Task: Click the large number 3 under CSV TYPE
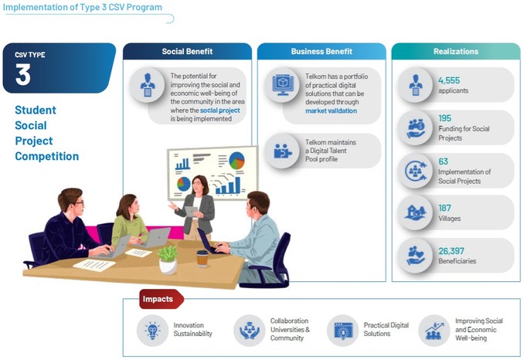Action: click(22, 74)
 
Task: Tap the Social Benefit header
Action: click(187, 52)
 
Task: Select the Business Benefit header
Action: click(322, 52)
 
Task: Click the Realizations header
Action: click(456, 52)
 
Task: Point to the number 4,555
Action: click(449, 80)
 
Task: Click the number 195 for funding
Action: click(445, 118)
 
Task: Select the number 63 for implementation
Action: click(443, 161)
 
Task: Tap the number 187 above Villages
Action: click(445, 208)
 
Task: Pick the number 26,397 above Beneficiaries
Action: click(451, 251)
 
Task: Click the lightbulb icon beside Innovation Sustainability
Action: click(152, 331)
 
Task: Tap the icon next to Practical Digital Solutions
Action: click(342, 331)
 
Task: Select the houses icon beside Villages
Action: click(415, 212)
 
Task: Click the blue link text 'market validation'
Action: click(331, 110)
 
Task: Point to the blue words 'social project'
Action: click(220, 110)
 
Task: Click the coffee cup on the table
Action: click(202, 259)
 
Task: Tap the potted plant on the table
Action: click(168, 260)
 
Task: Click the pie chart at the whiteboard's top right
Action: click(237, 160)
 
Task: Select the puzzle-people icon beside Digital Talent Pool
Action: click(282, 151)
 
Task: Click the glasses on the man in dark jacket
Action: click(78, 202)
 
